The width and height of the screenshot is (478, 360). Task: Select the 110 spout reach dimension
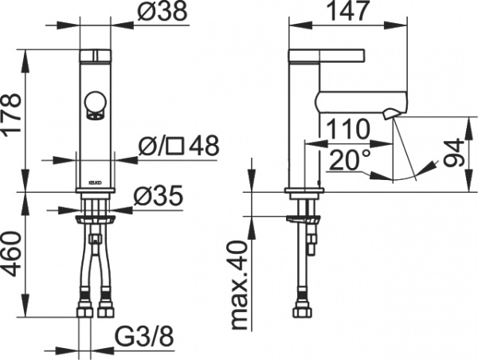point(347,128)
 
